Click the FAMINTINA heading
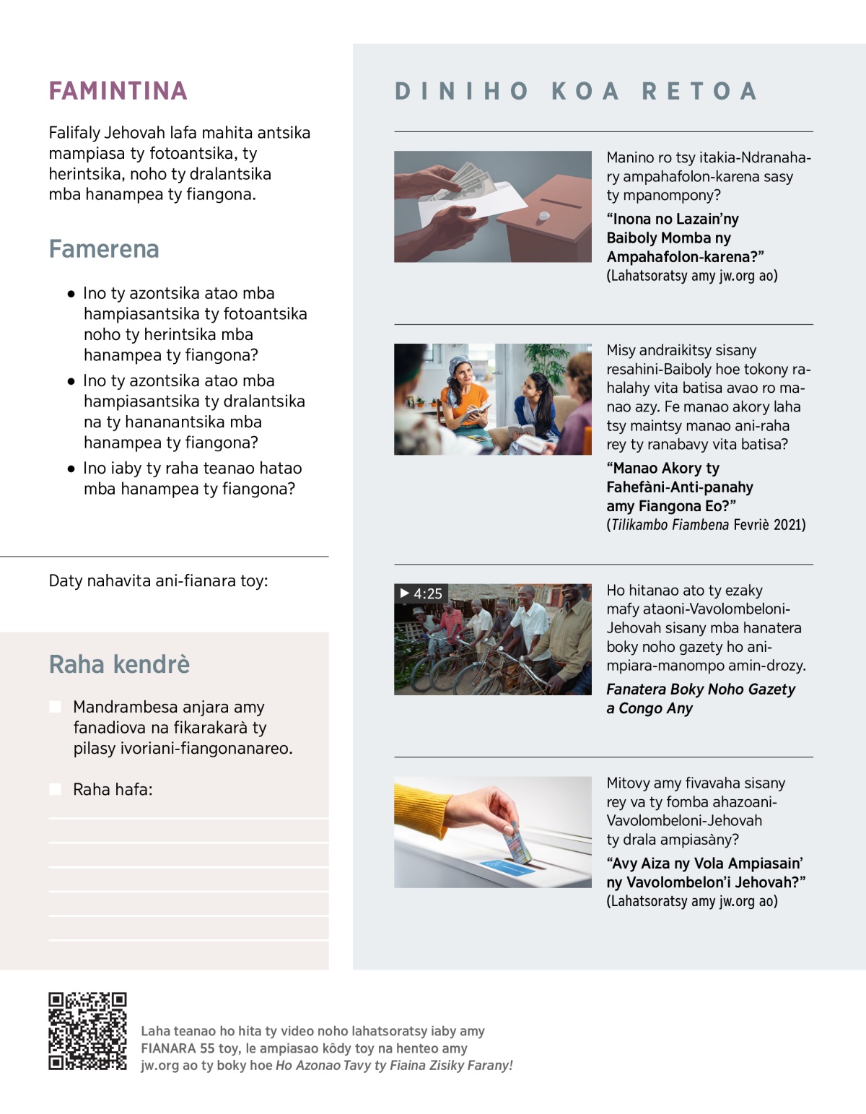[x=118, y=91]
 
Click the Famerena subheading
[x=104, y=249]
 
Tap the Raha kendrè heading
[x=119, y=664]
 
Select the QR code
[x=87, y=1031]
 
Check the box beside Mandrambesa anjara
[x=55, y=707]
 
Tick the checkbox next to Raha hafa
[x=55, y=789]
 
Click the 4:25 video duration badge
[x=421, y=593]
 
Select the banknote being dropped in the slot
[x=517, y=841]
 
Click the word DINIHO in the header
[x=462, y=92]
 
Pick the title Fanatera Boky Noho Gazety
[x=700, y=689]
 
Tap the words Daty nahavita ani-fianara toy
[x=158, y=581]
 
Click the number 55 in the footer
[x=208, y=1048]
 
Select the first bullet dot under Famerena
[x=71, y=294]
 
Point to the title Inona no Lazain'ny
[x=672, y=219]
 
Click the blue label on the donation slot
[x=507, y=866]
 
